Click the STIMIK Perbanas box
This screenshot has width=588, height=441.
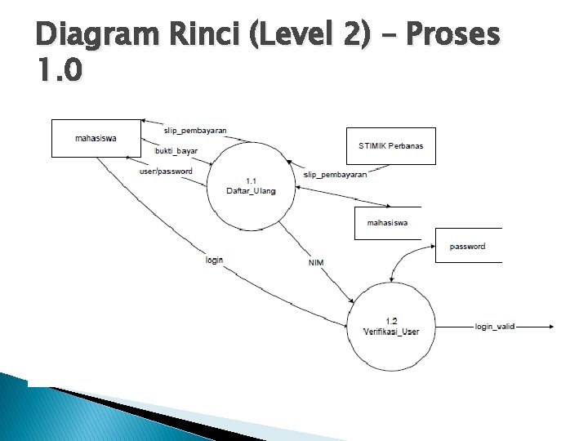pos(390,146)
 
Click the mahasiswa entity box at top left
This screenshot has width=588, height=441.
pos(96,138)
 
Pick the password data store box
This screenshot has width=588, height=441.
pos(468,246)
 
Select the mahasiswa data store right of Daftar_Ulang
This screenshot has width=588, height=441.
pos(388,223)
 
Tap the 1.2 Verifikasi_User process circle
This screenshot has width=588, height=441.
pos(390,325)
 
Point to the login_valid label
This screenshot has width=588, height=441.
pos(495,327)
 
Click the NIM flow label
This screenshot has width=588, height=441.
pos(316,262)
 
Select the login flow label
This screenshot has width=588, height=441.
pos(215,260)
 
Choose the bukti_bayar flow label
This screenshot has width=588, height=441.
pos(176,151)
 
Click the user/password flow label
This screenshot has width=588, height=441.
pos(167,171)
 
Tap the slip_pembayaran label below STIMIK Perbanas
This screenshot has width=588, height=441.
pos(335,175)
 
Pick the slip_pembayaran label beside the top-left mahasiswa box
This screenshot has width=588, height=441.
pos(195,131)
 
